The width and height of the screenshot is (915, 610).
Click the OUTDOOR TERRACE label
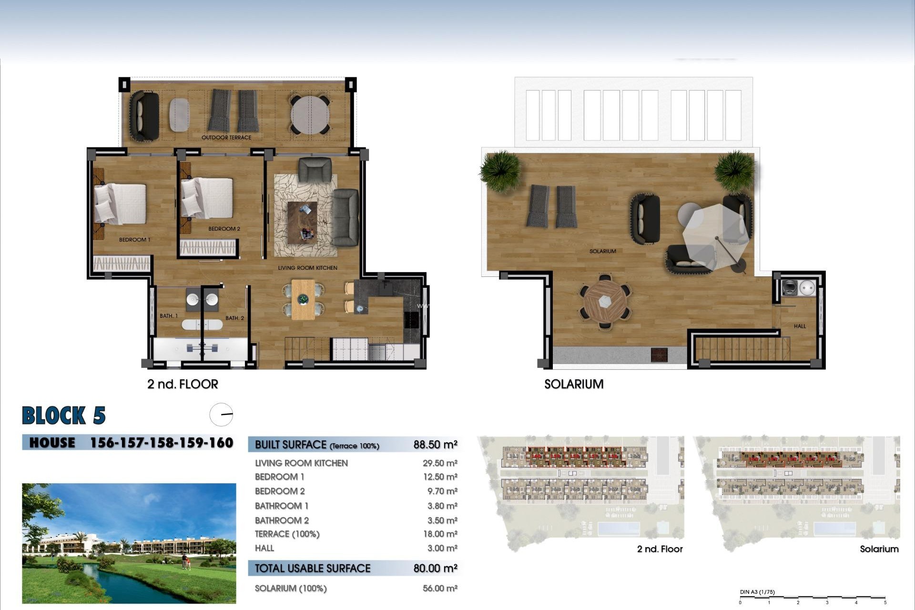tap(226, 138)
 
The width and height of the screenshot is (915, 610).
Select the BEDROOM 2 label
tap(224, 229)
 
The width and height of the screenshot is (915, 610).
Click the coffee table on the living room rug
tap(302, 222)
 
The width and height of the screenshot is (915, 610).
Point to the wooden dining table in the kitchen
tap(303, 299)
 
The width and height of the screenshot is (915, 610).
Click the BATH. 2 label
tap(234, 318)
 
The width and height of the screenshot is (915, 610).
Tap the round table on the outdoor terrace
tap(310, 115)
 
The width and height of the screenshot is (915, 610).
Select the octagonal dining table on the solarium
tap(605, 302)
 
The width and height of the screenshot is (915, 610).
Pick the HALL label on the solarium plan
tap(800, 326)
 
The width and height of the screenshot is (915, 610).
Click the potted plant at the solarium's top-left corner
tap(500, 170)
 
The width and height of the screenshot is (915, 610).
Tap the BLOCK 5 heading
tap(63, 416)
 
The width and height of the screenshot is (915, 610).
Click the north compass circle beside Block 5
tap(221, 415)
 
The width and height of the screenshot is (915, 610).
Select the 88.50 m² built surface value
tap(435, 445)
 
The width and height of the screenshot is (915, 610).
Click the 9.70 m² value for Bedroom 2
tap(440, 491)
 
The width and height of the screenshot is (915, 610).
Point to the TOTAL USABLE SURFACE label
tap(312, 568)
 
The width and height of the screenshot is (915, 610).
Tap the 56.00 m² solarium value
tap(440, 589)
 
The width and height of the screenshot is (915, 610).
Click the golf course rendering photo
tap(129, 543)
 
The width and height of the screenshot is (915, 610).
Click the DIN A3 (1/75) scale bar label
tap(757, 592)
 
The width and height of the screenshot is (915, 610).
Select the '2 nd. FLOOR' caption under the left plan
tap(183, 384)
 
